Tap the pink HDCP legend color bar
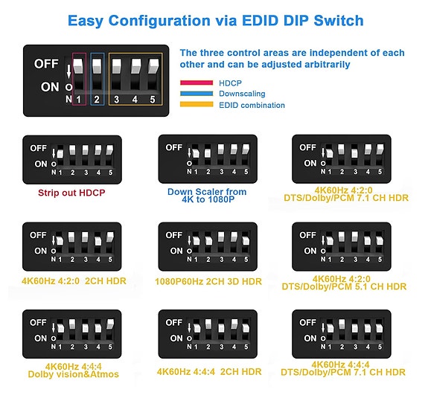click(x=197, y=83)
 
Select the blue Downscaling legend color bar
click(x=197, y=94)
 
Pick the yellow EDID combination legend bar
click(x=197, y=104)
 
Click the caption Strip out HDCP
click(x=71, y=193)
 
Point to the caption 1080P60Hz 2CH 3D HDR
click(x=208, y=281)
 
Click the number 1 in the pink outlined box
click(x=79, y=99)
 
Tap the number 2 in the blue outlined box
click(x=97, y=99)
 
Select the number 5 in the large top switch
click(x=153, y=99)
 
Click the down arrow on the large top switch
click(x=68, y=71)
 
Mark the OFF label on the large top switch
click(x=46, y=64)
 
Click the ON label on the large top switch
click(x=50, y=87)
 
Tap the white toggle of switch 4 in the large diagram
click(x=135, y=66)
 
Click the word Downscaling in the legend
click(x=242, y=94)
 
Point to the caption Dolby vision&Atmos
click(x=74, y=374)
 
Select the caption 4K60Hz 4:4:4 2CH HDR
click(x=209, y=371)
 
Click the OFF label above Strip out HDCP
click(x=38, y=148)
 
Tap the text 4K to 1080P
click(x=208, y=199)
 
